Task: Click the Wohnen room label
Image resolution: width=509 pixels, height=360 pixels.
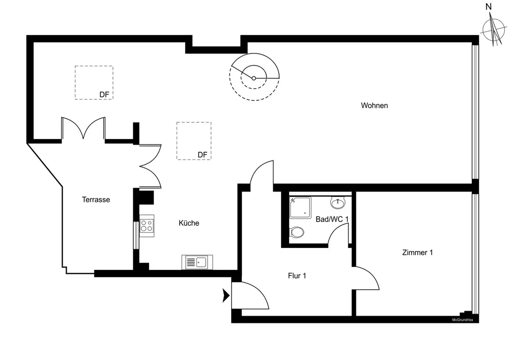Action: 374,105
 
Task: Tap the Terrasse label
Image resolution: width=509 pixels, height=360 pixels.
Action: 96,200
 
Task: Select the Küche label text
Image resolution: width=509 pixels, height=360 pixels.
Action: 189,223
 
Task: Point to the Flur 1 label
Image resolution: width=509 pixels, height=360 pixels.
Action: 297,276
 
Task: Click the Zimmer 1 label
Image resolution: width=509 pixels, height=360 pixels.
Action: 417,252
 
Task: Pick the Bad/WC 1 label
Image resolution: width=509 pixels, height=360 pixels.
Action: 332,219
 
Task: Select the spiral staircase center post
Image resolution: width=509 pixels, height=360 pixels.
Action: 254,78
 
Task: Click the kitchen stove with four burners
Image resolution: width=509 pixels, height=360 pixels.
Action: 147,225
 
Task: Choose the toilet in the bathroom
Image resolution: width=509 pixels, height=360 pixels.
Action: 296,233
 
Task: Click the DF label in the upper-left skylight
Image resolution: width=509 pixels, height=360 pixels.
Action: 104,94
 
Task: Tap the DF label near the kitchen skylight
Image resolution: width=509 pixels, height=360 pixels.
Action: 203,155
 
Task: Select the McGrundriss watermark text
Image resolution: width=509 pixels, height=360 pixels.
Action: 463,320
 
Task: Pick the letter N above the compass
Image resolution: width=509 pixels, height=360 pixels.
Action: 489,7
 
